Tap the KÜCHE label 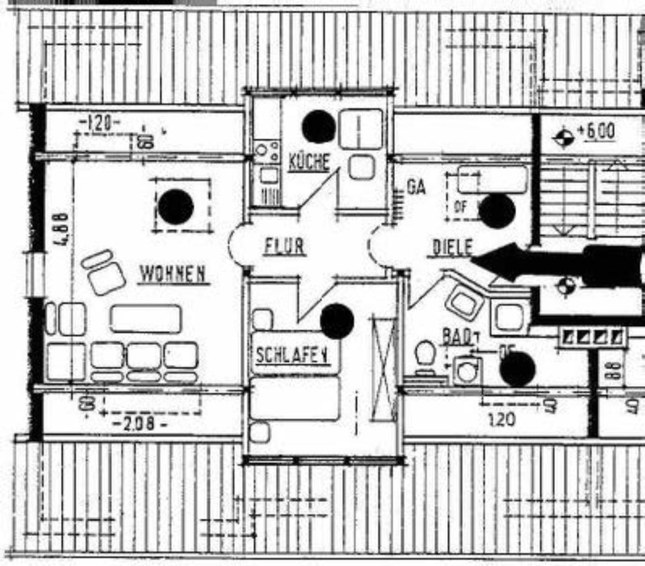click(309, 161)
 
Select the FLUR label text click(284, 247)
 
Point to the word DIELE click(450, 248)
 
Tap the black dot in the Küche click(318, 126)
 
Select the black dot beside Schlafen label click(337, 321)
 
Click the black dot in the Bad click(517, 370)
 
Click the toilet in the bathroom click(425, 356)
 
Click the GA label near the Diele click(417, 187)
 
